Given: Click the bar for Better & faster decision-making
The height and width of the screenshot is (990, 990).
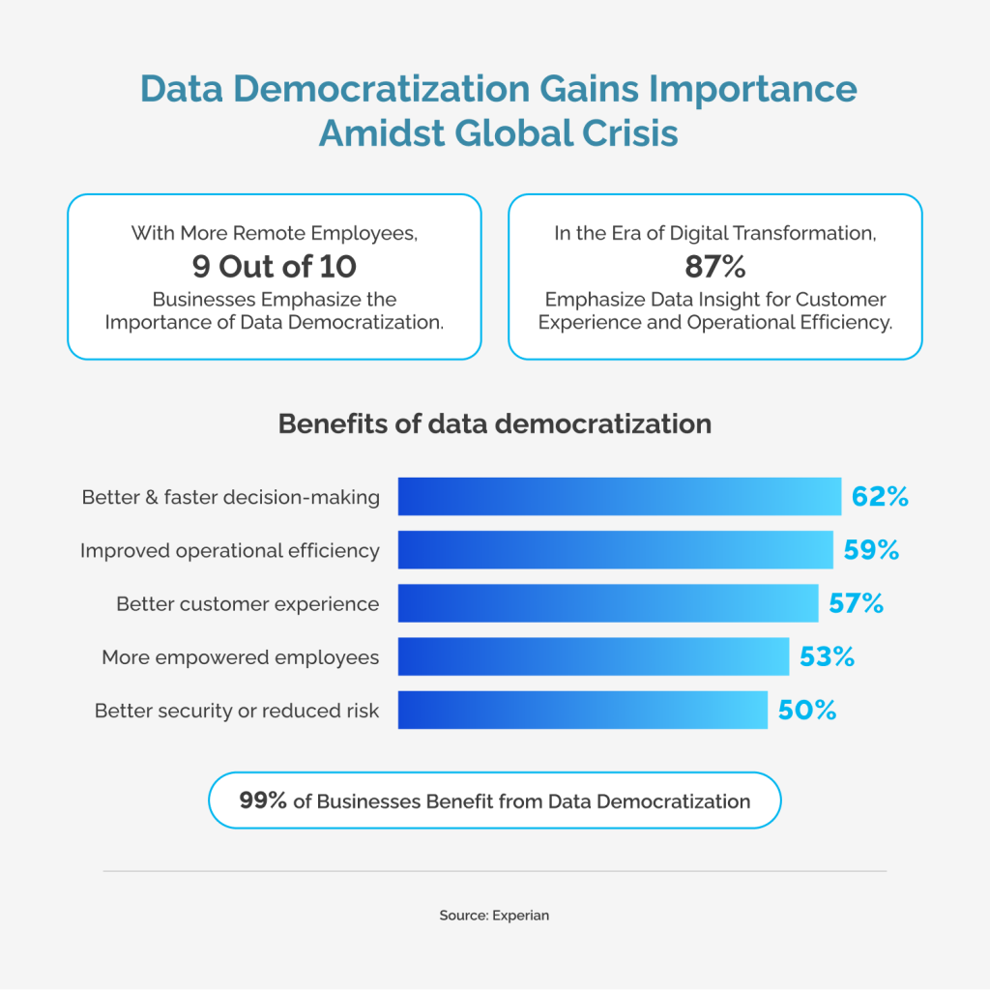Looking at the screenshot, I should [x=619, y=497].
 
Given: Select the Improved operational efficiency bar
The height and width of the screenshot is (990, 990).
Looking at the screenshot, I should [x=615, y=550].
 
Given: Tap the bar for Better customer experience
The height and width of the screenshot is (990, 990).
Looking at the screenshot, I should [x=608, y=603].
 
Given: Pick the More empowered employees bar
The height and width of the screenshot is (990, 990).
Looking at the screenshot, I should [x=594, y=657].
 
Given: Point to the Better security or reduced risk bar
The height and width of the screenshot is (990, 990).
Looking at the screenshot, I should [x=582, y=711].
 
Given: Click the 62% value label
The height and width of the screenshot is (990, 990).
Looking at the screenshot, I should [x=880, y=497].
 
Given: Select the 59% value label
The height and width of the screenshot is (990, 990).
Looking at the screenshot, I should [x=871, y=550].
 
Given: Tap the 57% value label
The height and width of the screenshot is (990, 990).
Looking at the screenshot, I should [x=857, y=603].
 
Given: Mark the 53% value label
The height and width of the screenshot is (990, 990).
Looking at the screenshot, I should [x=828, y=657].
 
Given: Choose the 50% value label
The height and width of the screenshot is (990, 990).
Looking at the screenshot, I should [x=806, y=711].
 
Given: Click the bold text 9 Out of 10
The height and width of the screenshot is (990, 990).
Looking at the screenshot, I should [x=274, y=266].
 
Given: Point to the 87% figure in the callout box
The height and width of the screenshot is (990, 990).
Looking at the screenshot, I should [x=714, y=266].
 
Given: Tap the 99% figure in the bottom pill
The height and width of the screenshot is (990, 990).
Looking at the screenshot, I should [x=263, y=801].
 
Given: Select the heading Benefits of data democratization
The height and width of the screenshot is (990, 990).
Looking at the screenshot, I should [x=494, y=423].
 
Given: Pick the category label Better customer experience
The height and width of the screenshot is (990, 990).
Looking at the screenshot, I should [x=247, y=604].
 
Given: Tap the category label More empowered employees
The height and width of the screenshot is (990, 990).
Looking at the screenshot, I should [x=240, y=657].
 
